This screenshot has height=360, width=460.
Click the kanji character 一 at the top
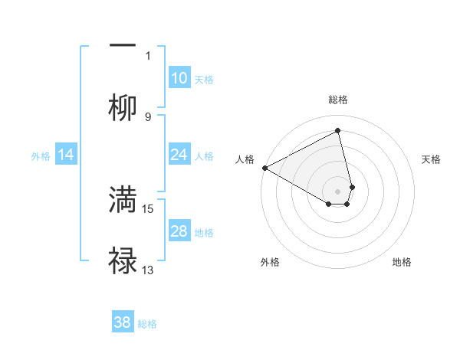click(123, 45)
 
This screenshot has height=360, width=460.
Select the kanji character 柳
click(123, 108)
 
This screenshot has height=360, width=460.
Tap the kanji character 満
click(123, 200)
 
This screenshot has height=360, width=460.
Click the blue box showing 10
click(179, 78)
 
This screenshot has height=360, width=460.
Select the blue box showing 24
click(179, 155)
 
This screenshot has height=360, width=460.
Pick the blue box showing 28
click(179, 232)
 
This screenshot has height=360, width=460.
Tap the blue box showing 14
click(66, 155)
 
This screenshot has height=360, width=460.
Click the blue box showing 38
click(123, 323)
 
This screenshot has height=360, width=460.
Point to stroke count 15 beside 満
click(149, 208)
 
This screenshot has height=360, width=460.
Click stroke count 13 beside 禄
click(149, 270)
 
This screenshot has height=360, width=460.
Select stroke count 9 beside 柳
click(148, 116)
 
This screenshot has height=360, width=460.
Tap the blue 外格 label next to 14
click(41, 156)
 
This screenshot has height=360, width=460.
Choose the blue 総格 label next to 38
click(147, 324)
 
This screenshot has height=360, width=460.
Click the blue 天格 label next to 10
click(204, 80)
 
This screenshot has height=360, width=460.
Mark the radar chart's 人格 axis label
click(245, 159)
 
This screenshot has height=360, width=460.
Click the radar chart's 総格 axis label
click(338, 100)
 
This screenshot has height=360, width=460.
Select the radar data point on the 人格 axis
click(264, 168)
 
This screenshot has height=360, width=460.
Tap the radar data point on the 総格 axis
click(338, 131)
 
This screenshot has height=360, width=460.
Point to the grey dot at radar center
click(338, 191)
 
